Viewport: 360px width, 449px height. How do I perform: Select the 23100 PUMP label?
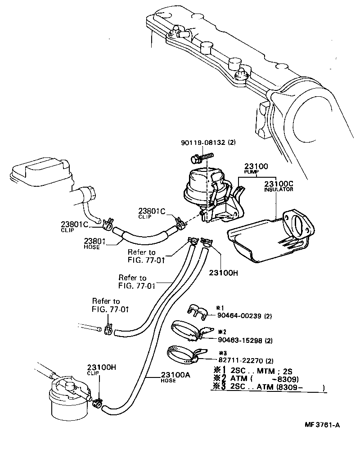(x=256, y=168)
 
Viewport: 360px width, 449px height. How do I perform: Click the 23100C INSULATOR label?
(x=279, y=186)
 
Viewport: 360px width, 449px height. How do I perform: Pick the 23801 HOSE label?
(x=94, y=243)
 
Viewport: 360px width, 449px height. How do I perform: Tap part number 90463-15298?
(x=245, y=340)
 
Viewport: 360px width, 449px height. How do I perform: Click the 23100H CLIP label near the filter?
(x=102, y=370)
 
